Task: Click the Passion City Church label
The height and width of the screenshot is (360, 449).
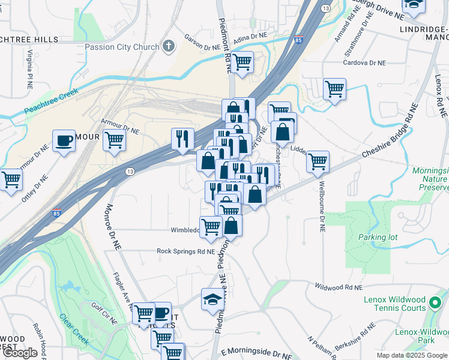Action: pos(122,47)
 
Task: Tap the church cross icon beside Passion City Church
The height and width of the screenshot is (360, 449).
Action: pos(170,46)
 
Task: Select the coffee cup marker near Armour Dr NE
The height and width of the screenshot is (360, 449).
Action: pos(64,141)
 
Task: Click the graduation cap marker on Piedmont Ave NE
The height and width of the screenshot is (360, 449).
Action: pos(213,299)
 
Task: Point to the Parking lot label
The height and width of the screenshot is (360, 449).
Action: pos(378,237)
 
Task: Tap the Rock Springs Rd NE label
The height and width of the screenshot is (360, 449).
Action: pos(185,251)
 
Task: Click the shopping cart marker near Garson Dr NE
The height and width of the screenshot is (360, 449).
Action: pos(243,62)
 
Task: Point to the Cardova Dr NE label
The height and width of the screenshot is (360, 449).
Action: pos(364,62)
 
